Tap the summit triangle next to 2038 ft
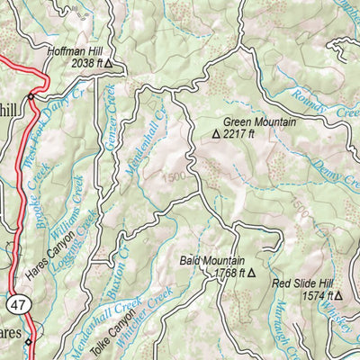click(x=109, y=65)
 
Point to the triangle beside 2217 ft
click(x=216, y=133)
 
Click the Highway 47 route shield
click(x=18, y=306)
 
